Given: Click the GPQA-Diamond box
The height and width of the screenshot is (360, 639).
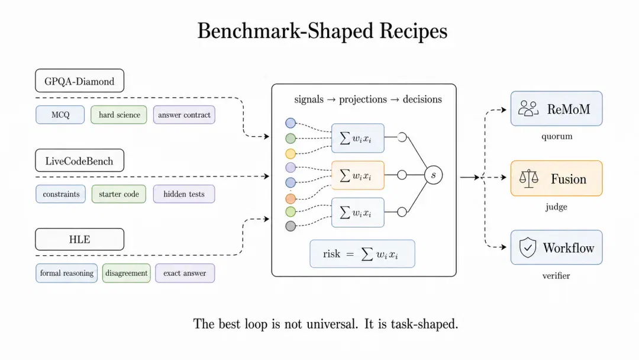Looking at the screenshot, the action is coord(79,81).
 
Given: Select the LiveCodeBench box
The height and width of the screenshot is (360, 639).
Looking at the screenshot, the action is coord(79,160).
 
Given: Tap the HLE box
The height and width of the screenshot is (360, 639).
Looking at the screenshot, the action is coord(79,239).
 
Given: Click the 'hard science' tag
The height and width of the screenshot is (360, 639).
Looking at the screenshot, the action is coord(119,115).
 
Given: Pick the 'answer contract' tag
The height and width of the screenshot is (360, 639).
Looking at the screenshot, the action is coord(184,115).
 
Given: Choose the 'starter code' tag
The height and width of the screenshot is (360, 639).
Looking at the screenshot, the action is coord(118,194).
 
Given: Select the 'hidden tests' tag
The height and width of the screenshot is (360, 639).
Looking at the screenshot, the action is coord(184,194).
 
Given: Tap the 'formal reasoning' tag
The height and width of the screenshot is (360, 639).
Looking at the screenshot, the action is coord(66,273).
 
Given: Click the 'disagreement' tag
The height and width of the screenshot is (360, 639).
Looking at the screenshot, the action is coord(127,273).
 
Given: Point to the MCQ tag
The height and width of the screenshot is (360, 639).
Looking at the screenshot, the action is coord(60,115).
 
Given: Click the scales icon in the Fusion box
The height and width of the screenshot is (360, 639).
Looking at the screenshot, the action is coord(528,179).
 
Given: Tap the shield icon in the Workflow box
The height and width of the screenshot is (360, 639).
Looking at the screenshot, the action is coord(527,247).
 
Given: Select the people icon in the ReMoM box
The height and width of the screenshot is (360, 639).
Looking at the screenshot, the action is coord(528,109).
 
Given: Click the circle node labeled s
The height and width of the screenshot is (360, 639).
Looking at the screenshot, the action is coord(433,175).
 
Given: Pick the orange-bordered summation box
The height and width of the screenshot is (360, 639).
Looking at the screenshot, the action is coord(358,175).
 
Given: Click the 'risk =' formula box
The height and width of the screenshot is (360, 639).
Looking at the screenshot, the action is coord(362,254).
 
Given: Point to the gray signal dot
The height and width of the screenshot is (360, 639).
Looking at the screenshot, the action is coord(291,226).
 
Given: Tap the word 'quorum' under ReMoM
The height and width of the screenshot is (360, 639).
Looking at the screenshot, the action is coord(557,137).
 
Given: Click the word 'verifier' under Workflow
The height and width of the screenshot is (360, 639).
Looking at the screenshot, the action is coord(556,276).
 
